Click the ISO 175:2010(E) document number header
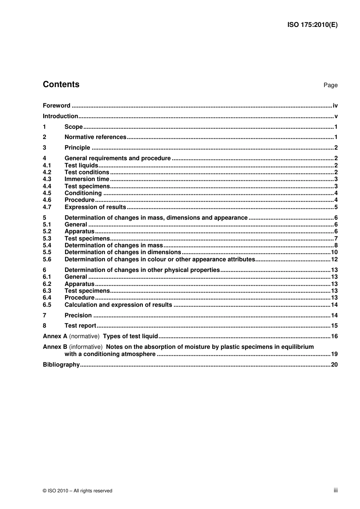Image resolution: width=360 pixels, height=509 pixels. [312, 25]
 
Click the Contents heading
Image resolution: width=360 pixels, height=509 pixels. [61, 84]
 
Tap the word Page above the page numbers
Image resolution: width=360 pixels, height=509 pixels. [330, 85]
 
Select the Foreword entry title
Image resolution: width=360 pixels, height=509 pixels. [56, 106]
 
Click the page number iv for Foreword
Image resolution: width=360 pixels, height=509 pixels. [335, 106]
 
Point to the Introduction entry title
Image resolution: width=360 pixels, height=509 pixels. [60, 116]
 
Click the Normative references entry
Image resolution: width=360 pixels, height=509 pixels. [95, 137]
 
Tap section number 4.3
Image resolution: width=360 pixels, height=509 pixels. [47, 179]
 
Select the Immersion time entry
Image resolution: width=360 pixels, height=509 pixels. [87, 179]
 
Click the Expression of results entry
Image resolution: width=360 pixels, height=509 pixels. [95, 207]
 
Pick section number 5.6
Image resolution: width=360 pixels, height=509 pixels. [47, 259]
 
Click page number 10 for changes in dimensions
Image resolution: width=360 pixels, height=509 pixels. [334, 252]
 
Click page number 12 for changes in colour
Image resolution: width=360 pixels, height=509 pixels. [334, 259]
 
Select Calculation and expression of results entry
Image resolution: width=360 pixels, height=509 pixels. [118, 305]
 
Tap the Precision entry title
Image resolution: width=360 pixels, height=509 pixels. [78, 315]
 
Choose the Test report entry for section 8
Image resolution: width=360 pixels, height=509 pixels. [80, 326]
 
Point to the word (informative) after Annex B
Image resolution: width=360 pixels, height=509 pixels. [86, 347]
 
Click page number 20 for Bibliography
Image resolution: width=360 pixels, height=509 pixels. [334, 365]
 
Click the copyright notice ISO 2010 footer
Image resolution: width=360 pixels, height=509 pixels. [78, 491]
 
